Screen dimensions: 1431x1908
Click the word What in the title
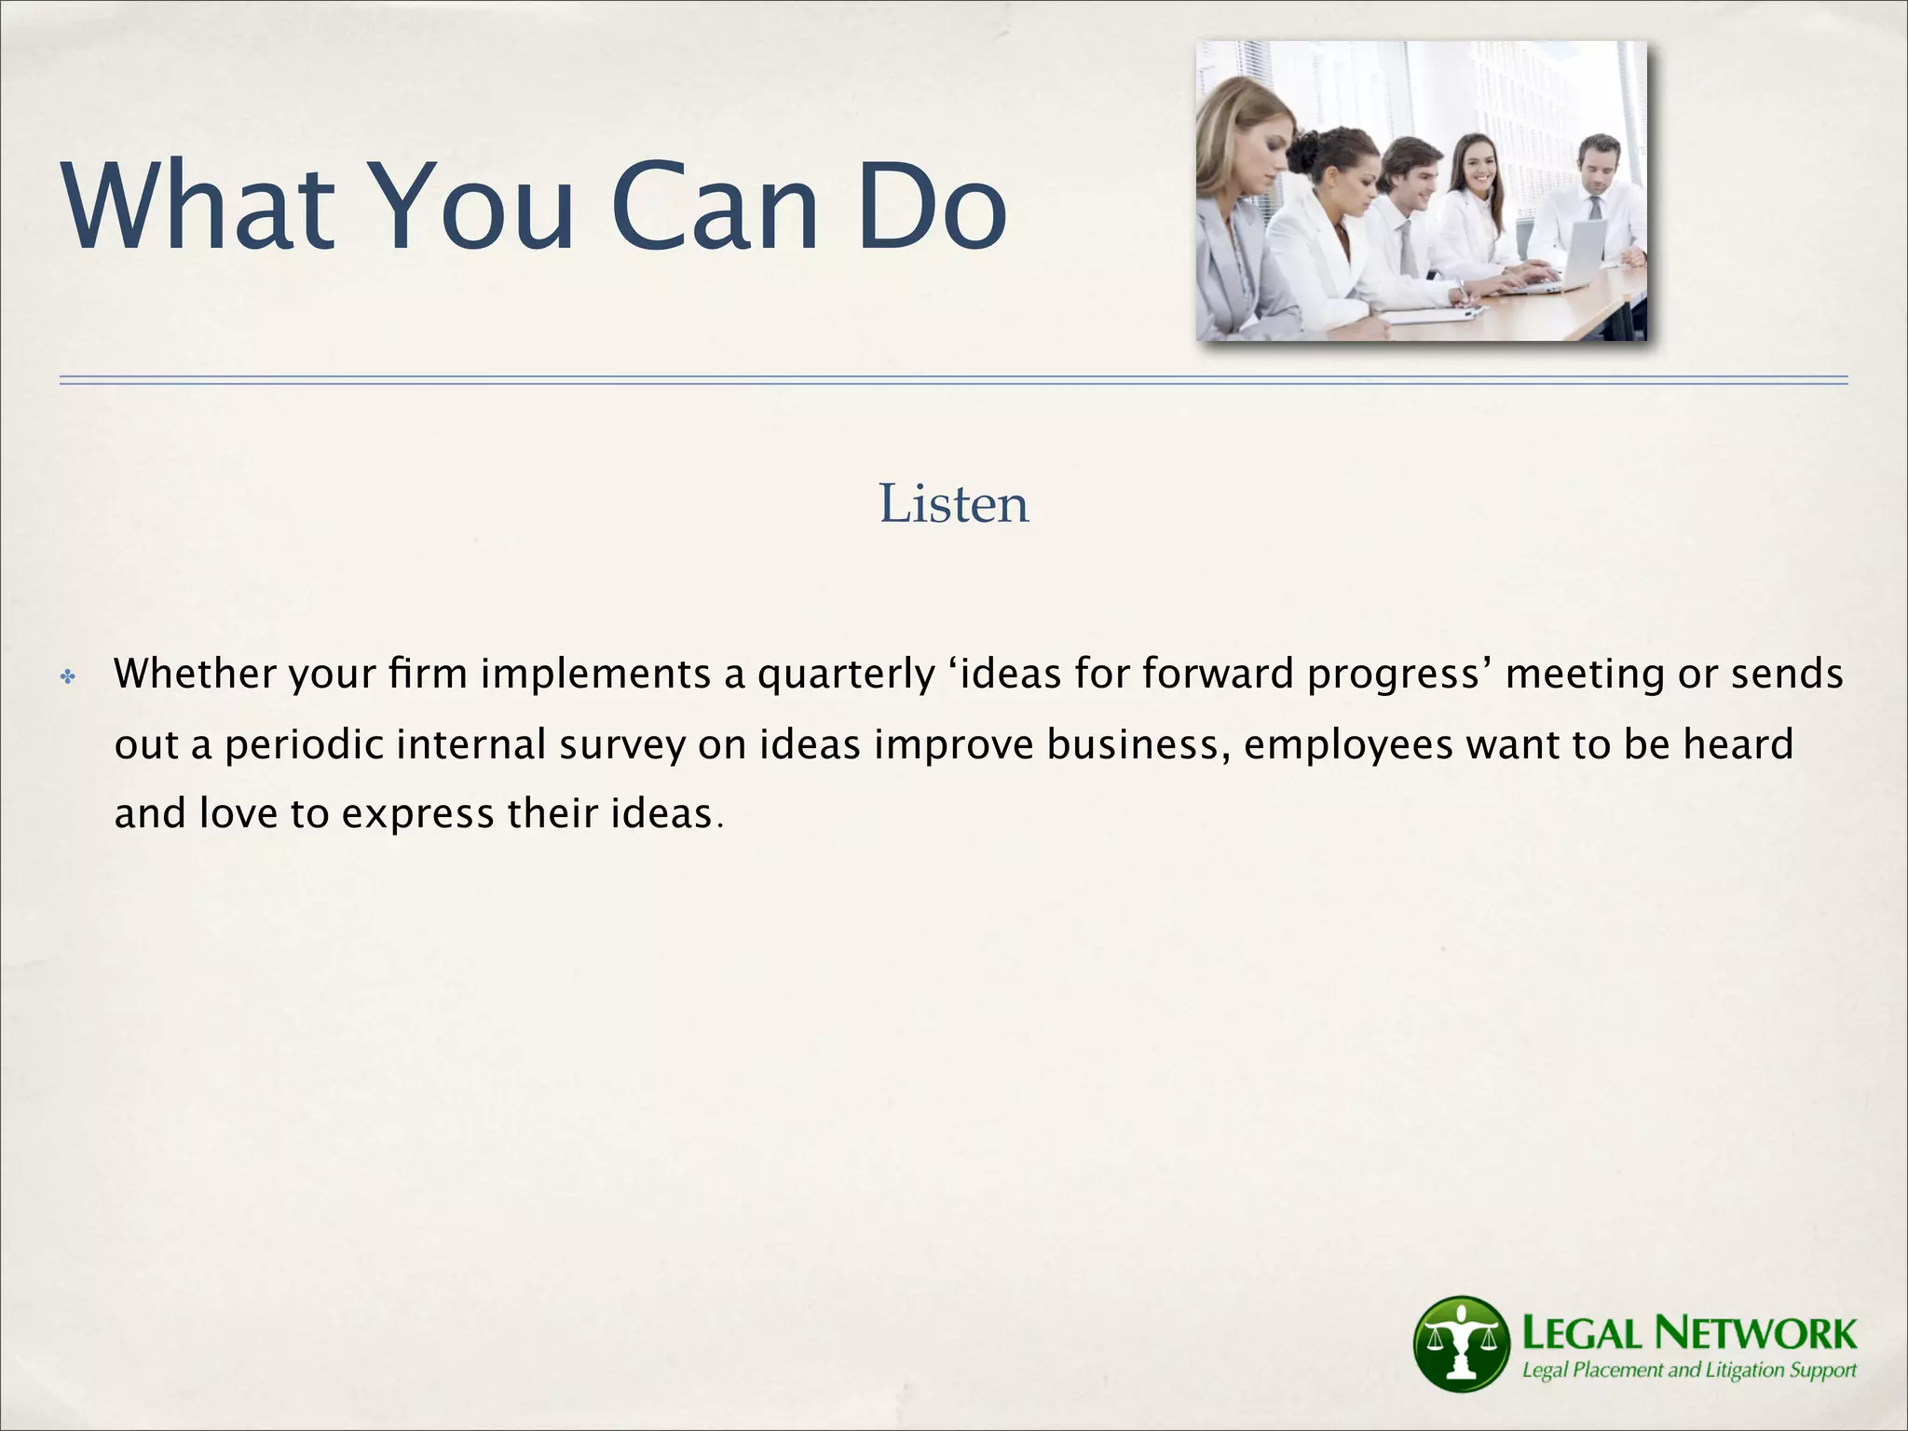198,207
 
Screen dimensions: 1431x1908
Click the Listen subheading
953,504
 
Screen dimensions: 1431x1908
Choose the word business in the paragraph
1133,743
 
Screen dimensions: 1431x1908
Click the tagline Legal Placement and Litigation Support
1688,1370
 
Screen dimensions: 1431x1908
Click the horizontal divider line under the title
953,380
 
